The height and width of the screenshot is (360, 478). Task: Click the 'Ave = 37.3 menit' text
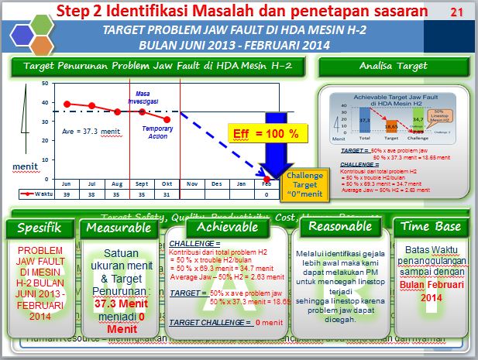(x=91, y=131)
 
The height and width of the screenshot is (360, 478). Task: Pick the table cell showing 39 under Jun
(x=66, y=195)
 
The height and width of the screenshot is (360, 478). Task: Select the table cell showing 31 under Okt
(x=167, y=195)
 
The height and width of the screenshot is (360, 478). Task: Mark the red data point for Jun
(x=67, y=104)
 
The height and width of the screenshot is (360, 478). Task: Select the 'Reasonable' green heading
(x=339, y=227)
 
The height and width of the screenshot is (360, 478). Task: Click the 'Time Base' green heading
(x=431, y=228)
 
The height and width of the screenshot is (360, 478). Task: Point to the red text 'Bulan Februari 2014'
(x=430, y=290)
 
